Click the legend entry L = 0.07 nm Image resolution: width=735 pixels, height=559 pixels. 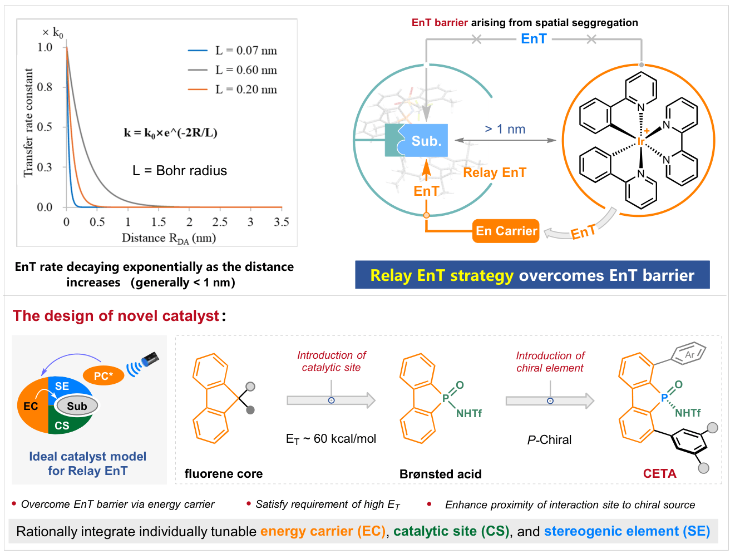(x=233, y=51)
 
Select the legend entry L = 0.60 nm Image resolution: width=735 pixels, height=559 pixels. (x=233, y=70)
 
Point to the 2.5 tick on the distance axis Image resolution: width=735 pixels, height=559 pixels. (x=220, y=222)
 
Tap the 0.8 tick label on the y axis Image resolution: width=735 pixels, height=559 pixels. (x=45, y=87)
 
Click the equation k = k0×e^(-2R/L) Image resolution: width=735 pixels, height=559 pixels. (x=171, y=133)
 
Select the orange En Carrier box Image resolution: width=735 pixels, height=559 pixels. (x=506, y=231)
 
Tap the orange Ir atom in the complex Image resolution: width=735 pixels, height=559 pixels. (x=640, y=142)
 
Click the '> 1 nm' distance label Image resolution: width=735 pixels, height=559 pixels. (x=505, y=129)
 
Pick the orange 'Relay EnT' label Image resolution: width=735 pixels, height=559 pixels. (x=495, y=173)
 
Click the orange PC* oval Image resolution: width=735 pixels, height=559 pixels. (x=103, y=376)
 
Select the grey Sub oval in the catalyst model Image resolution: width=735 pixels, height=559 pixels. (x=77, y=406)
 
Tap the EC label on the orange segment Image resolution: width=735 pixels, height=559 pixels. (x=31, y=407)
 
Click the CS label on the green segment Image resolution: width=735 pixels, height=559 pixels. (x=62, y=426)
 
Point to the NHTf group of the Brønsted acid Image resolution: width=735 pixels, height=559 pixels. (x=469, y=414)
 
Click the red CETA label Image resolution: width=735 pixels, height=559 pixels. (x=659, y=474)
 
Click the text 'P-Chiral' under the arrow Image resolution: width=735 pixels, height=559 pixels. (x=550, y=440)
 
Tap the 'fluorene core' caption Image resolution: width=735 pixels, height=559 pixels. (x=224, y=474)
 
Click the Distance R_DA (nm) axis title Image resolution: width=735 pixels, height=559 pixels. (x=169, y=238)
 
